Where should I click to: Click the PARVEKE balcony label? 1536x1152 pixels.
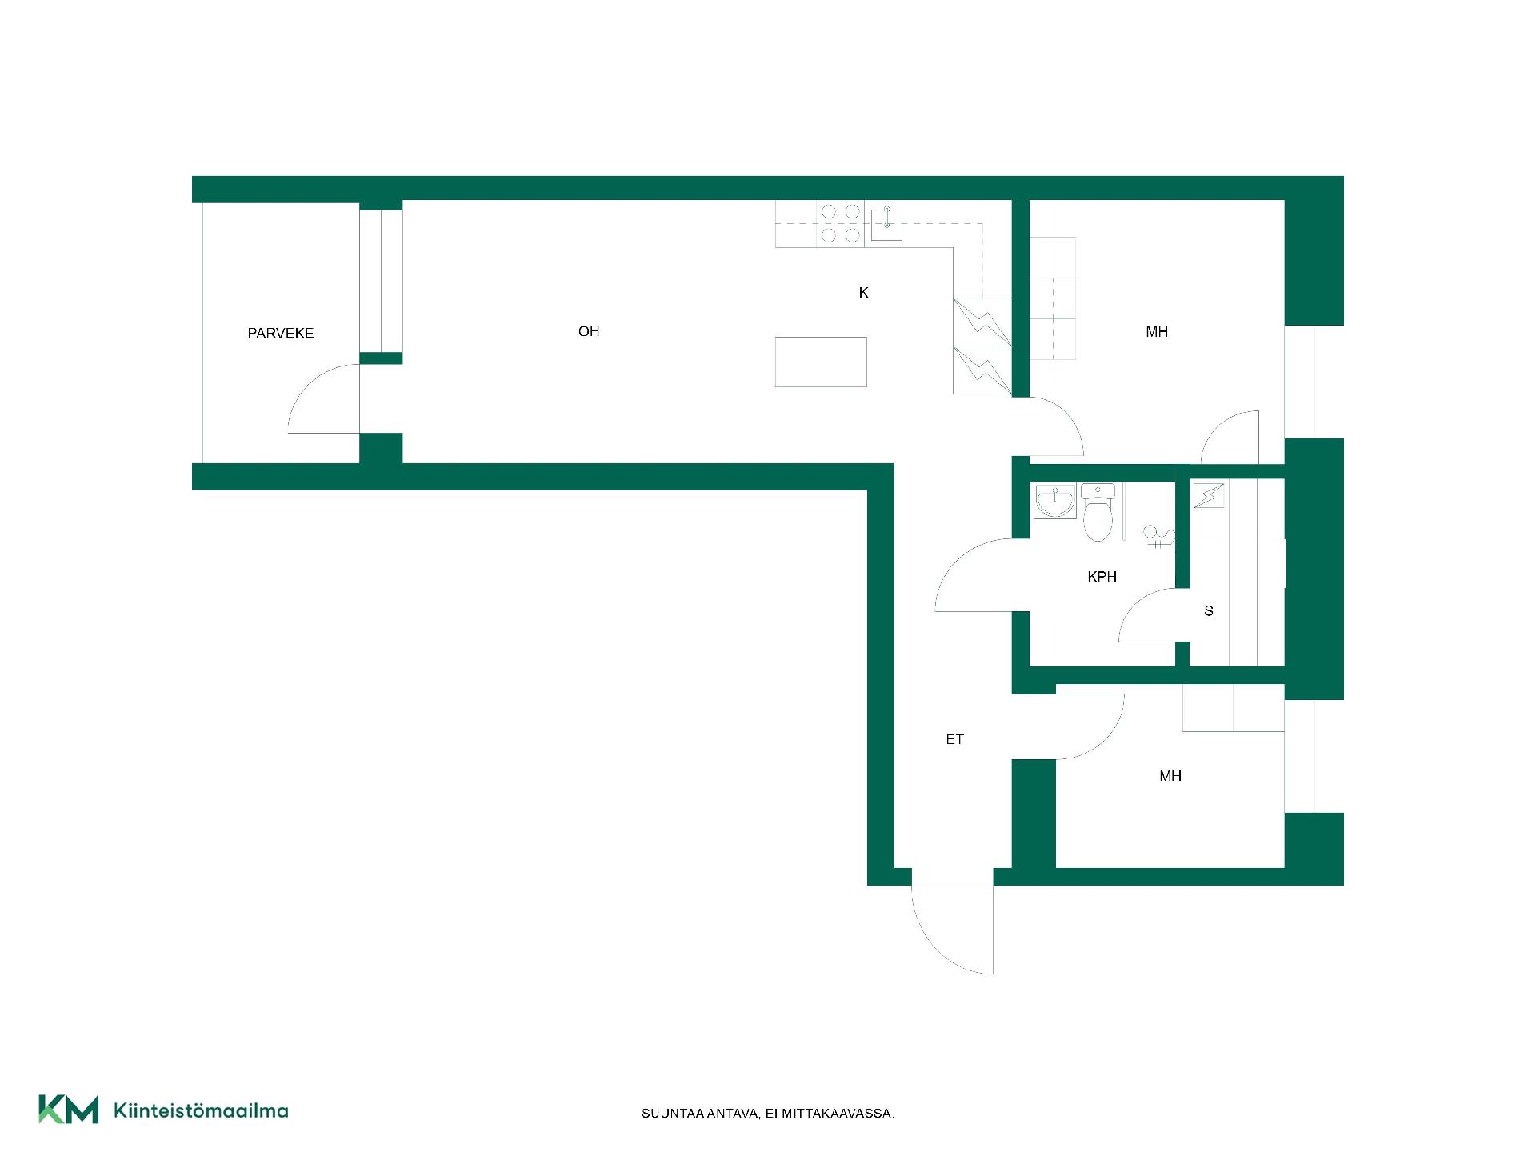(280, 334)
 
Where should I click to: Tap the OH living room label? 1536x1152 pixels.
(589, 331)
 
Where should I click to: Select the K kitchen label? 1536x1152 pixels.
(863, 293)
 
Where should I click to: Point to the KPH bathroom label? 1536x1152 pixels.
(1102, 577)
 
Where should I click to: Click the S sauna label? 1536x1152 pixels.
(1209, 611)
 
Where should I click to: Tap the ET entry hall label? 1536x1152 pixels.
(954, 739)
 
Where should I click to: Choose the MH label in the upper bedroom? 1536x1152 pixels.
(1157, 332)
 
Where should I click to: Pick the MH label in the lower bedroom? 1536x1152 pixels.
(1170, 776)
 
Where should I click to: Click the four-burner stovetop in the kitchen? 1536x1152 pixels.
(840, 223)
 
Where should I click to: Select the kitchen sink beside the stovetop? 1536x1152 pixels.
(887, 223)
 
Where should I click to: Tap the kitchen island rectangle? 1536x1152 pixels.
(821, 362)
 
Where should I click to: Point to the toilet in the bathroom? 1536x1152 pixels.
(1098, 512)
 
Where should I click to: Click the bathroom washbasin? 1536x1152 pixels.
(1054, 501)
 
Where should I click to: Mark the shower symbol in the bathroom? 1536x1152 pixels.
(1158, 537)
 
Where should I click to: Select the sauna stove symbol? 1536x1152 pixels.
(1208, 496)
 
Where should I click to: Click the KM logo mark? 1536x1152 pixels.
(69, 1110)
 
